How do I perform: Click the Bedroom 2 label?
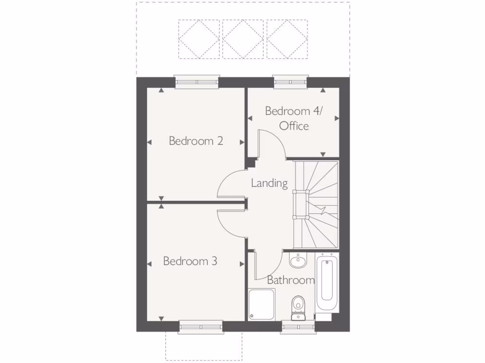[196, 141]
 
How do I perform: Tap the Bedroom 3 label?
[190, 261]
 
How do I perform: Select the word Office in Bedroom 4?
[294, 126]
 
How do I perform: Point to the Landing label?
[269, 183]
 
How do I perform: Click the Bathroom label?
[291, 280]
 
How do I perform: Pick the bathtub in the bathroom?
[326, 282]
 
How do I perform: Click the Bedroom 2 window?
[197, 82]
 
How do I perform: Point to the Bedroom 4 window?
[291, 82]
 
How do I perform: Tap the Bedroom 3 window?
[201, 327]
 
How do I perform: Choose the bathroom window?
[298, 327]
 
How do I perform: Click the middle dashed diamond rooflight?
[242, 39]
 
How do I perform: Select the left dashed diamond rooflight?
[198, 39]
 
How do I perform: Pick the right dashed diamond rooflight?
[287, 39]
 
